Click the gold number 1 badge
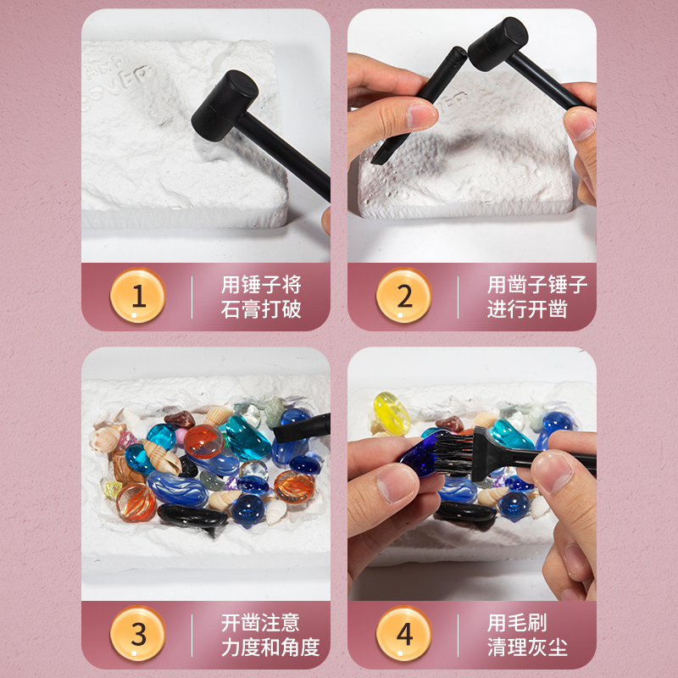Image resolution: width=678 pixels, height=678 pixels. tap(138, 295)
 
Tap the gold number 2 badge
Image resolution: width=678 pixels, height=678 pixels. tap(404, 295)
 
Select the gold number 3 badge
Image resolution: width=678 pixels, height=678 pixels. tap(138, 633)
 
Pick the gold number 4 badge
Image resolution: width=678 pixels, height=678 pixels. tap(404, 633)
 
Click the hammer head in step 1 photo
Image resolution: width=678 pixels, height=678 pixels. tap(225, 105)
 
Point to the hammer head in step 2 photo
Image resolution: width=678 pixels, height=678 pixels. tap(498, 44)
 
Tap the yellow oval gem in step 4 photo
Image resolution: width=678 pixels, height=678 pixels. tap(392, 413)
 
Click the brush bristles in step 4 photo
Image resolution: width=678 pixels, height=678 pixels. tap(453, 454)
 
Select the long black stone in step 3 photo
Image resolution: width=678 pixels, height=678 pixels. tap(192, 516)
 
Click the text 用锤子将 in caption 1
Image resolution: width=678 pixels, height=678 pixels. tap(261, 285)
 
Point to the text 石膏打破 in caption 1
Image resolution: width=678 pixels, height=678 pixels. tap(261, 309)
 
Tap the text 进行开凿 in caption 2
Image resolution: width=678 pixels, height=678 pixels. tap(527, 309)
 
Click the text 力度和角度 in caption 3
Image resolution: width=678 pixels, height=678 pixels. tap(270, 647)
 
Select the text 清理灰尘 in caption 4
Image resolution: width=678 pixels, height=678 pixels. tap(527, 647)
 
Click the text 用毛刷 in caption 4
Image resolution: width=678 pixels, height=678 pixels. tap(517, 623)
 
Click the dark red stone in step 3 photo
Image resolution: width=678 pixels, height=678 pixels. tap(180, 419)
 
